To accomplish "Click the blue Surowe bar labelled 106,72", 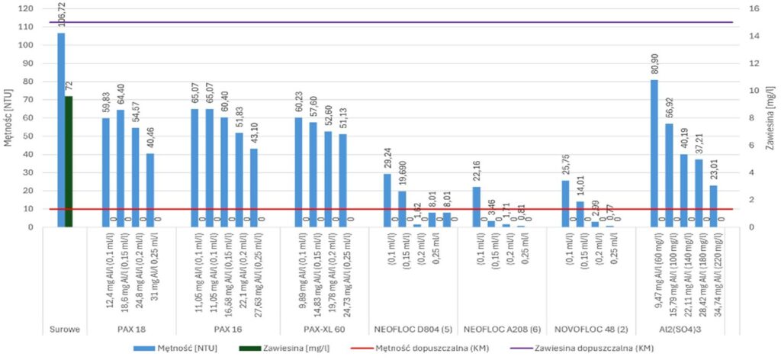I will (61, 130).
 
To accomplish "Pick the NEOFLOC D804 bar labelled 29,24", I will (387, 201).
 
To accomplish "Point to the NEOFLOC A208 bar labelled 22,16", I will (476, 207).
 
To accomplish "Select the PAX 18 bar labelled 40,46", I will (150, 190).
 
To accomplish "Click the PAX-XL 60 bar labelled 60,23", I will (297, 172).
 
